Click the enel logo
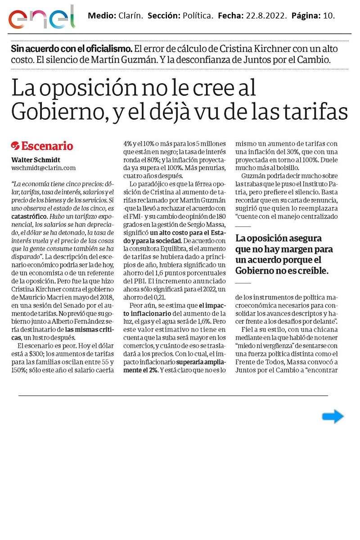41,18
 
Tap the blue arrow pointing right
333,417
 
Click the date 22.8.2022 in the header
266,16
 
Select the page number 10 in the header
328,16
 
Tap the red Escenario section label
47,146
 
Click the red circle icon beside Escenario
15,146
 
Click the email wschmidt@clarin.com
43,167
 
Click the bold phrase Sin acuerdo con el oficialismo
72,49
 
